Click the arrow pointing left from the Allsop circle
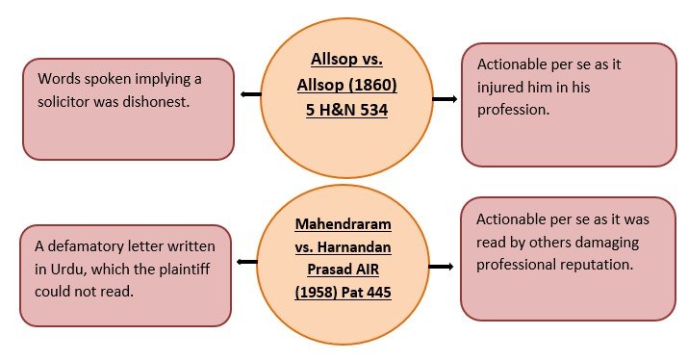(x=251, y=94)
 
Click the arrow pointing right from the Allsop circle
(x=445, y=99)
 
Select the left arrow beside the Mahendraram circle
(x=247, y=262)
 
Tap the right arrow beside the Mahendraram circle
(x=441, y=267)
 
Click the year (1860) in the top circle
(x=373, y=85)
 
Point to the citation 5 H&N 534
(x=346, y=110)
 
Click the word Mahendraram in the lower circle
(x=344, y=224)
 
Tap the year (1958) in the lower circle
(x=316, y=293)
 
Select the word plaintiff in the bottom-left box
(x=185, y=270)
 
